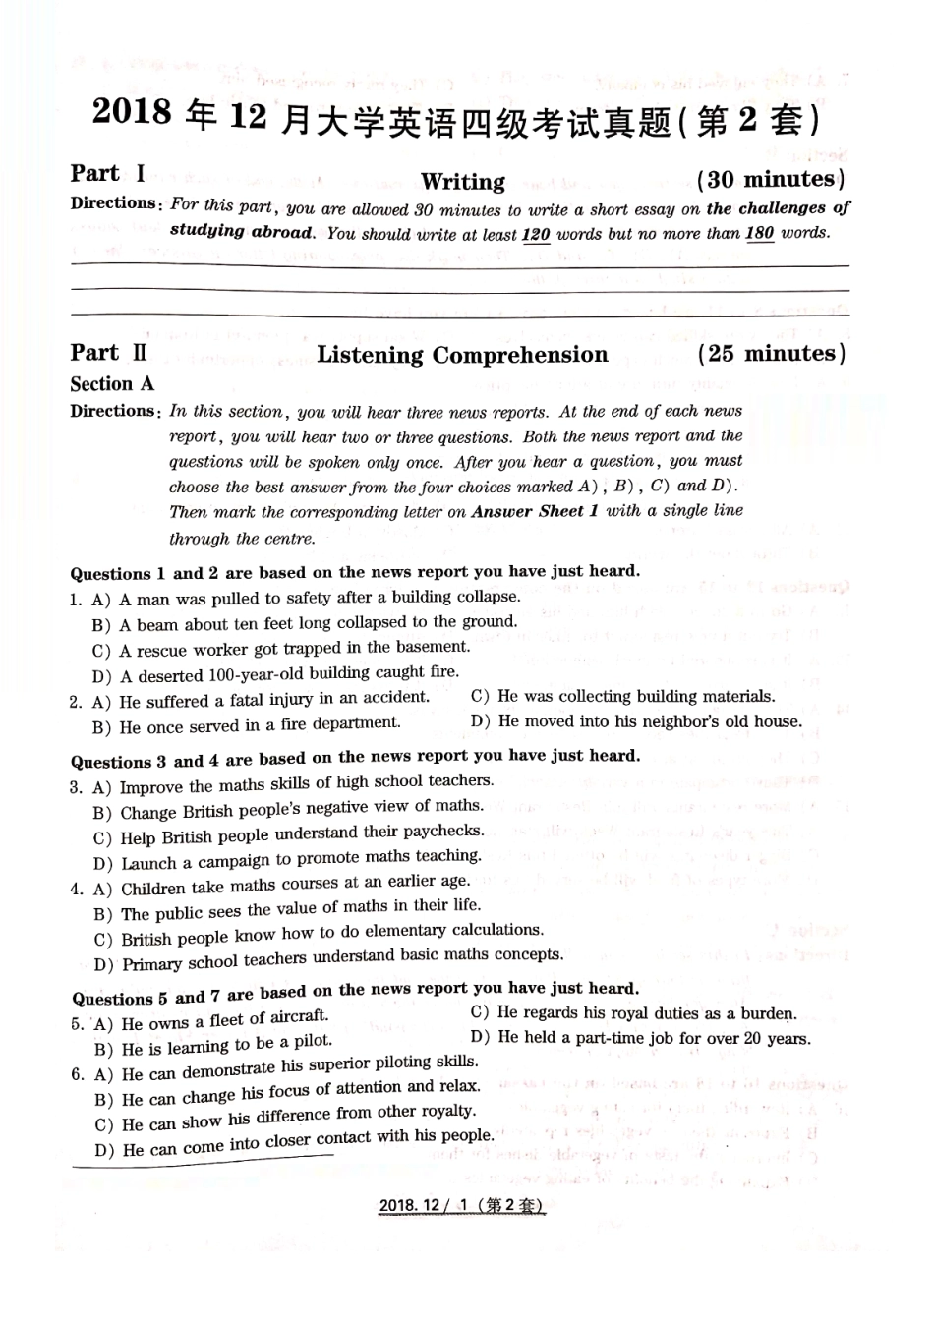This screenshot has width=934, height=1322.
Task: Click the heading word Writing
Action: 462,182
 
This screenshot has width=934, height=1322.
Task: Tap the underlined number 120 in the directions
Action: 535,234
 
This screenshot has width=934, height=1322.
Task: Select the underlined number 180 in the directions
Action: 759,233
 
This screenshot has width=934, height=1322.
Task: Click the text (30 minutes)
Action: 771,179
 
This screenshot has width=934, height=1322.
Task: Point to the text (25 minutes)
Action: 771,353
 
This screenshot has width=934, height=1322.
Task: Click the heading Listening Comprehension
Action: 462,355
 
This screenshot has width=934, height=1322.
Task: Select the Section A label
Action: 112,384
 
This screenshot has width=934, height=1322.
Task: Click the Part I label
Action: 108,174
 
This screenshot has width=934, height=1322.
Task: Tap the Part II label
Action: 109,353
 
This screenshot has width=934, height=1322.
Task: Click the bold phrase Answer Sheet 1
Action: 535,511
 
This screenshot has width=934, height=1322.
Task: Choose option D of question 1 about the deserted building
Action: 275,674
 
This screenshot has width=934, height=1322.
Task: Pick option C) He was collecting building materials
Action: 622,696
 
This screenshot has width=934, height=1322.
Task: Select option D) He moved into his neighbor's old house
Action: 636,721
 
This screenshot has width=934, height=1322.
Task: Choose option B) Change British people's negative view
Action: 288,809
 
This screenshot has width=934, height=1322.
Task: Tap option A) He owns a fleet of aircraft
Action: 211,1020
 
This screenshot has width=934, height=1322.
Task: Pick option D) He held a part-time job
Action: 640,1038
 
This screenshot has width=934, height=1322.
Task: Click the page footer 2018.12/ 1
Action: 461,1206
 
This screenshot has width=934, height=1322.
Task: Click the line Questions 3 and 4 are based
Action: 354,758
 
